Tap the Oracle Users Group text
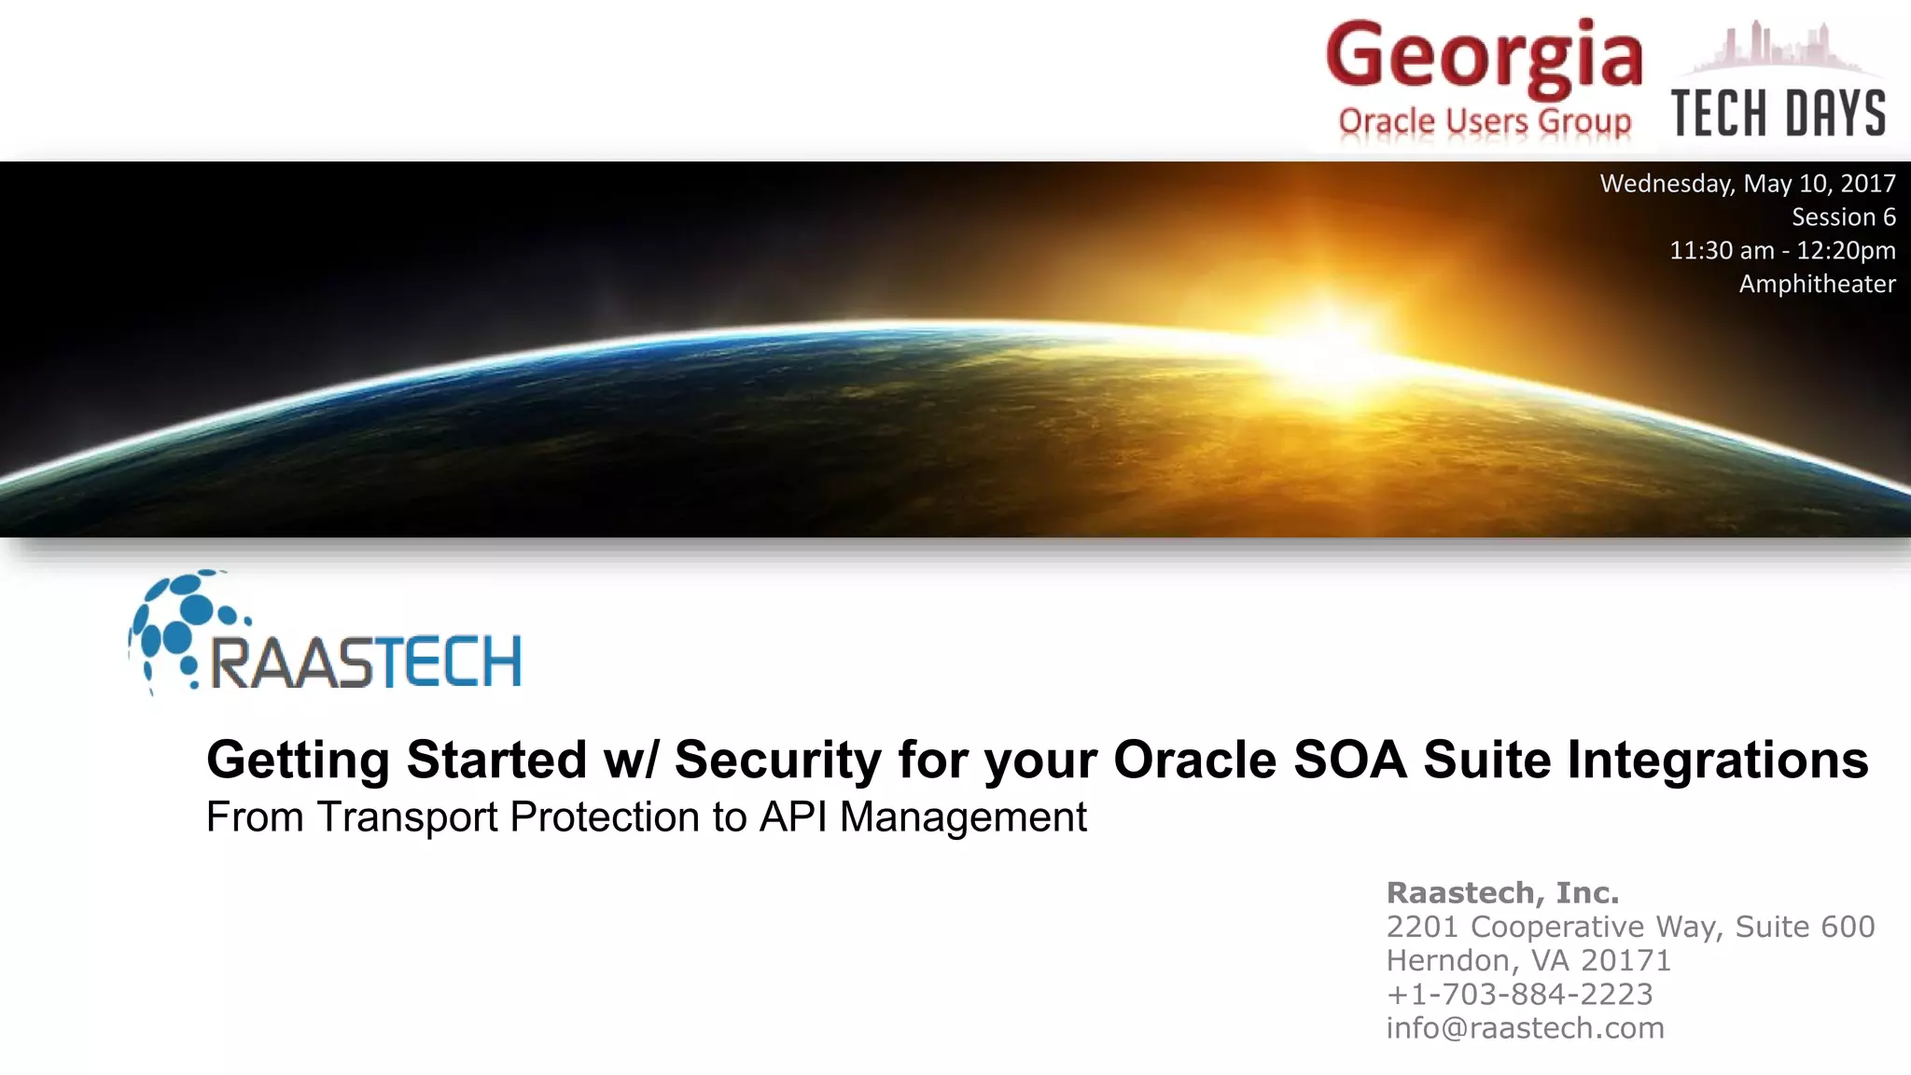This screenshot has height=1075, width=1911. pyautogui.click(x=1485, y=121)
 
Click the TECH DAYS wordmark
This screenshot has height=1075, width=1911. pyautogui.click(x=1778, y=114)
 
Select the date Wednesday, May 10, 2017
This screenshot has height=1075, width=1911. pyautogui.click(x=1748, y=184)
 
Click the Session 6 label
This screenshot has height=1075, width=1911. pyautogui.click(x=1843, y=217)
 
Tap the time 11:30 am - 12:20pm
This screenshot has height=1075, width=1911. pyautogui.click(x=1782, y=251)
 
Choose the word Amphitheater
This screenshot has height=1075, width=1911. pyautogui.click(x=1817, y=285)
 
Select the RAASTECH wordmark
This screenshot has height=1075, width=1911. pyautogui.click(x=366, y=663)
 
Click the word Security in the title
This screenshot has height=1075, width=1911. pyautogui.click(x=777, y=760)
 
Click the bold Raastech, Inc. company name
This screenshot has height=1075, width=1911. pyautogui.click(x=1502, y=893)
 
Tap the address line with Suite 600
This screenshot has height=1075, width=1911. pyautogui.click(x=1630, y=927)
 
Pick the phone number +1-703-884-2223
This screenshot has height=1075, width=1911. pyautogui.click(x=1519, y=994)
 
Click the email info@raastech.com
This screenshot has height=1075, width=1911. pyautogui.click(x=1525, y=1027)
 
